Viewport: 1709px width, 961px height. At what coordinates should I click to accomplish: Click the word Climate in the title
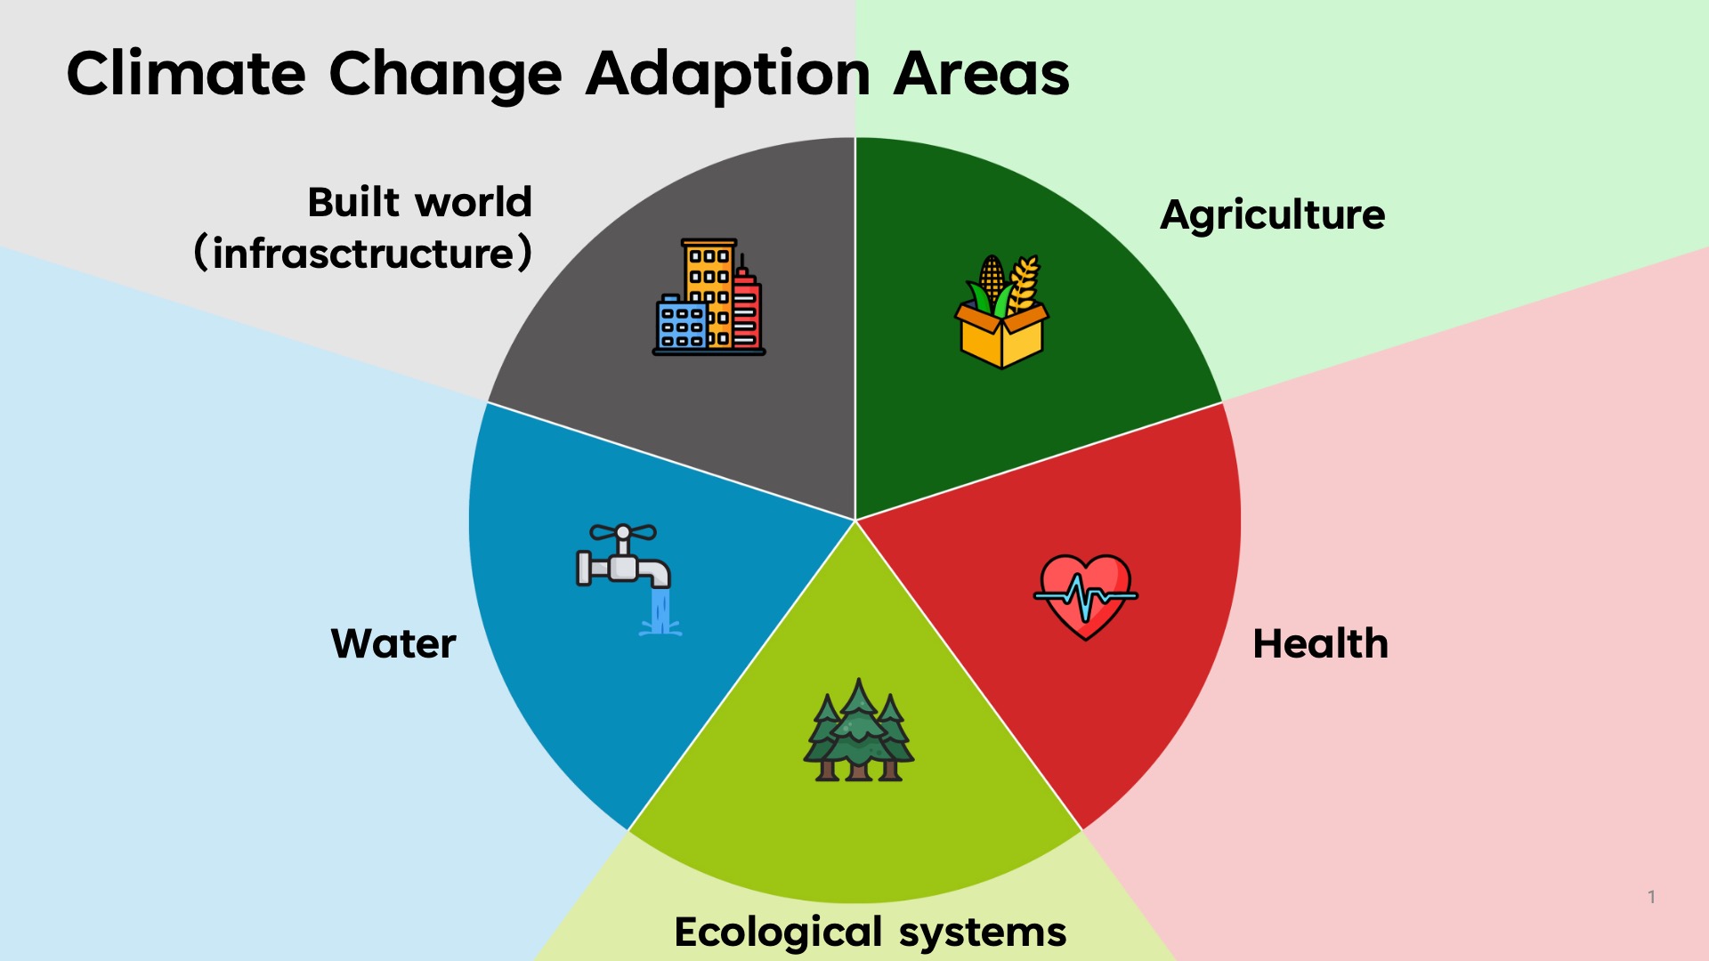click(x=186, y=73)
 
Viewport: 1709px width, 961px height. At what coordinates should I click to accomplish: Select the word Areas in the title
click(x=981, y=73)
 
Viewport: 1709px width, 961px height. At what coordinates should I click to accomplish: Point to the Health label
click(x=1321, y=643)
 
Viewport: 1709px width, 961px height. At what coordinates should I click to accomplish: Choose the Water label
click(x=393, y=643)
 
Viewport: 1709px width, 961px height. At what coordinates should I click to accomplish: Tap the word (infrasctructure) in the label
click(x=363, y=254)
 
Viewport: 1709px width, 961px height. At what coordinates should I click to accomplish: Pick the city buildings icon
click(x=709, y=297)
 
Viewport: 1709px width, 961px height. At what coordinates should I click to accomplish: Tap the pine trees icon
click(x=858, y=731)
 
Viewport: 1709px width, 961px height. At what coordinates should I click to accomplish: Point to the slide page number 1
click(x=1651, y=897)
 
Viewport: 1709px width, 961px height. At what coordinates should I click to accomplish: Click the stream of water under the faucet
click(x=660, y=612)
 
